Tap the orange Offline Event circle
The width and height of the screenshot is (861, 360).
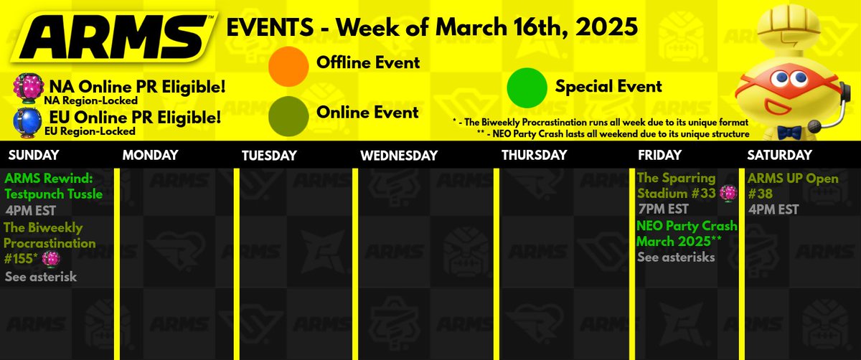point(290,63)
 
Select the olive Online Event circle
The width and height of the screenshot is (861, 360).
point(290,113)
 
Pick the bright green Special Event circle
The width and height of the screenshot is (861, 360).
point(528,87)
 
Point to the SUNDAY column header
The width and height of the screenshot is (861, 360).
point(32,155)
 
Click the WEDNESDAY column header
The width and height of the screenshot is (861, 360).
point(398,155)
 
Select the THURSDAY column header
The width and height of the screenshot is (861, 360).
point(534,155)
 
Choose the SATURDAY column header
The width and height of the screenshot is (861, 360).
point(779,155)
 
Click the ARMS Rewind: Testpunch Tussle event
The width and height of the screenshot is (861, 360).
point(53,185)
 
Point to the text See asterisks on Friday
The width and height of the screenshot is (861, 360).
point(676,257)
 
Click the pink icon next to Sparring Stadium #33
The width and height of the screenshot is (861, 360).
point(729,192)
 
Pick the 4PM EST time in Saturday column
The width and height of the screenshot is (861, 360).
point(773,209)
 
